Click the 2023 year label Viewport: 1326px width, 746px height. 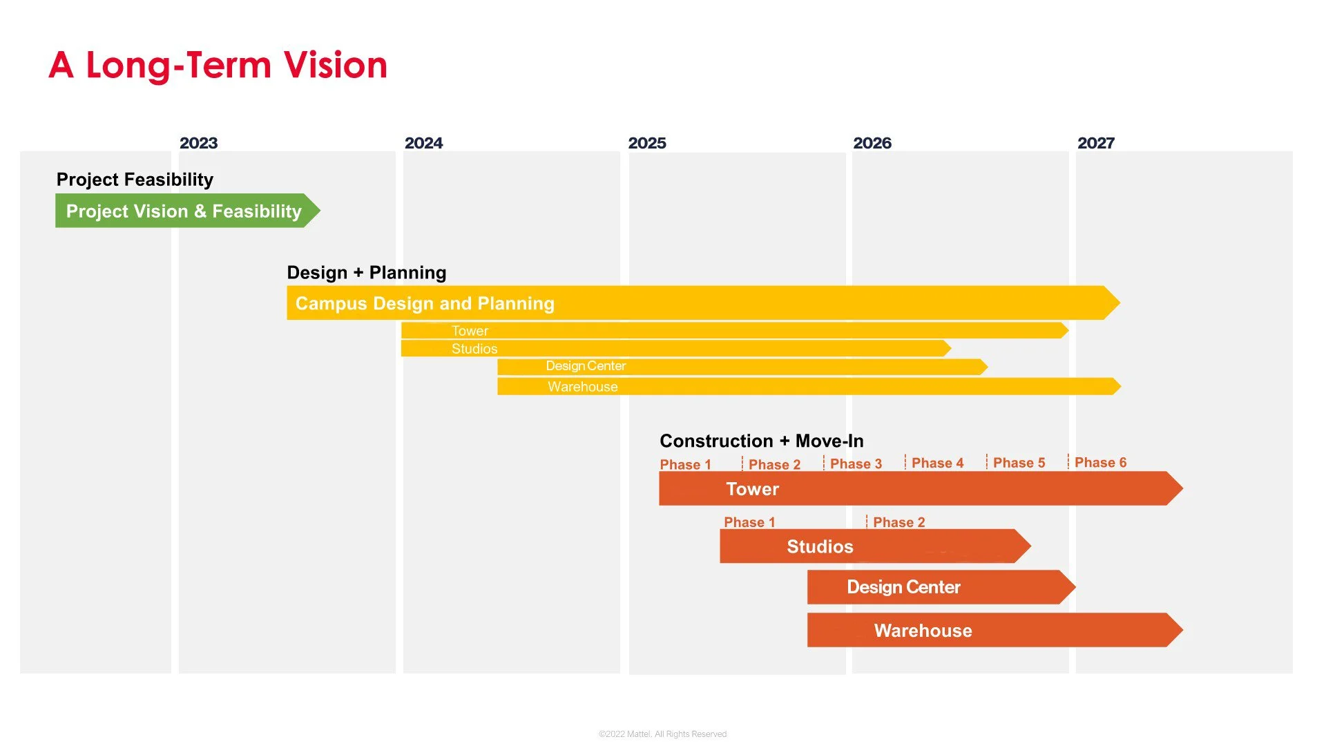(198, 143)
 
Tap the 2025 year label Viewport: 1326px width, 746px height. (646, 143)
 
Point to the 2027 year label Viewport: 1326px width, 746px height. (1095, 143)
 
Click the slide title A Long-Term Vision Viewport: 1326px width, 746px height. (218, 65)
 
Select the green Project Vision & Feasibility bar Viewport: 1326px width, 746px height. (184, 211)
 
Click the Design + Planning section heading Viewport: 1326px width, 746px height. (366, 272)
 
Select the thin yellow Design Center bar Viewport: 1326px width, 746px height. (739, 366)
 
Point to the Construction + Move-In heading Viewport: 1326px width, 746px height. (761, 441)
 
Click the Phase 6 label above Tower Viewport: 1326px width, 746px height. (1100, 462)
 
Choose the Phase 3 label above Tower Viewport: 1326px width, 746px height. (856, 463)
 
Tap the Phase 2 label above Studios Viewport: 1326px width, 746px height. (899, 522)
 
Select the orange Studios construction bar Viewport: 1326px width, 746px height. (870, 546)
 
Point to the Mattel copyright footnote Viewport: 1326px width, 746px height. (662, 734)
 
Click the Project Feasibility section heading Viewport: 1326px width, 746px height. (135, 180)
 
